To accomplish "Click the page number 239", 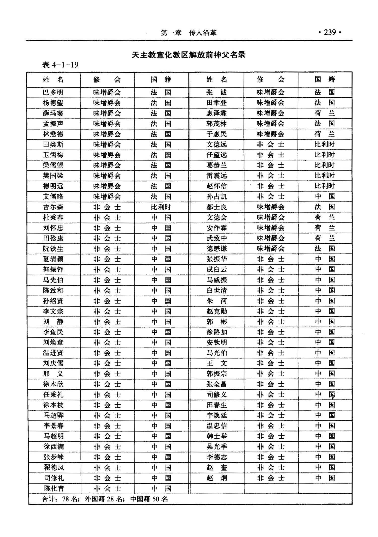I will pos(330,32).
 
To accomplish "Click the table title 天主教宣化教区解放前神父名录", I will pos(188,55).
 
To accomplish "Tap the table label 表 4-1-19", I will pos(60,65).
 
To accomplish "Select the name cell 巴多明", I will pos(53,92).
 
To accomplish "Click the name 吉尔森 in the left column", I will pos(53,207).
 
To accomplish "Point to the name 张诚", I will pos(216,92).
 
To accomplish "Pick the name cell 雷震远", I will pos(216,176).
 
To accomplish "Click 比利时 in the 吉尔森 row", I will pos(161,207).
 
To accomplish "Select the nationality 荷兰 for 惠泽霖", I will pos(325,113).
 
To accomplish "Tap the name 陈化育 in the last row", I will pos(54,489).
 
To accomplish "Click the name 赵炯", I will pos(216,478).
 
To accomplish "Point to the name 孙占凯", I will pos(216,196).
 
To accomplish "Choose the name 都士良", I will pos(216,207).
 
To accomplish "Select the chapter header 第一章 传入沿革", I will pos(188,33).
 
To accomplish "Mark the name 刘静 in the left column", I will pos(53,322).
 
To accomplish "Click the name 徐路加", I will pos(216,332).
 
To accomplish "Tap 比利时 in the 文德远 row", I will pos(325,145).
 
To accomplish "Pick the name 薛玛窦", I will pos(53,113).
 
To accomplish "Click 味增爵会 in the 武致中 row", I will pos(270,238).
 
